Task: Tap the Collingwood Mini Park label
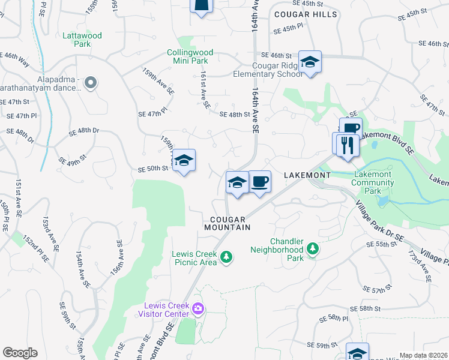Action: click(x=191, y=56)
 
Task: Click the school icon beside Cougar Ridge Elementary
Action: click(x=310, y=62)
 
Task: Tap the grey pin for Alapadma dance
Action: click(x=91, y=82)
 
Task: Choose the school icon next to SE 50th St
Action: click(x=184, y=160)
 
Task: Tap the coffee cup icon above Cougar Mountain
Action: click(x=259, y=182)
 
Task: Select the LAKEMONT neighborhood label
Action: click(x=307, y=175)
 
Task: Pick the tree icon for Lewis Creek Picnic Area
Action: click(x=226, y=257)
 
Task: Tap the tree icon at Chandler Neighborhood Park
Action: click(x=312, y=248)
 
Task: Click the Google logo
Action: click(x=20, y=353)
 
